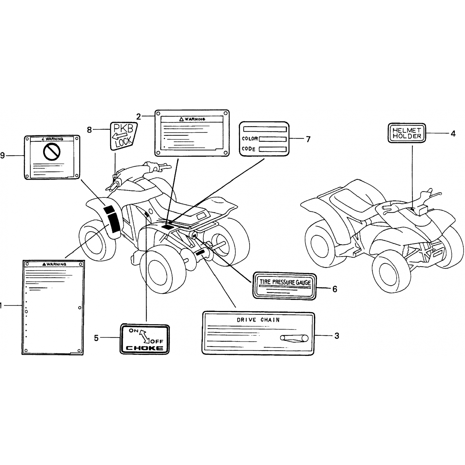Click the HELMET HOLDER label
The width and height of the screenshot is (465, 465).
407,133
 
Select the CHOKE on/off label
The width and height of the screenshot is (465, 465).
145,339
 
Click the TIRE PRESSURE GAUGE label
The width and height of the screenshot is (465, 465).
285,286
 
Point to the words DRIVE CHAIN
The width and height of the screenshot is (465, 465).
258,320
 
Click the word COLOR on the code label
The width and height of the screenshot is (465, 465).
250,139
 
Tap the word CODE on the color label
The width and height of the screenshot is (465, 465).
249,149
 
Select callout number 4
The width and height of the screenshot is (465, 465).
453,134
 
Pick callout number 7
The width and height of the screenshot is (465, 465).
308,139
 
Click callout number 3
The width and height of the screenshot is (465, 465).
337,336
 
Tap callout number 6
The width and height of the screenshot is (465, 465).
334,289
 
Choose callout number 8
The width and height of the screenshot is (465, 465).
89,130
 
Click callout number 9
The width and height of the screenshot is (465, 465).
3,155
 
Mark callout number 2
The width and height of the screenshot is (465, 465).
139,117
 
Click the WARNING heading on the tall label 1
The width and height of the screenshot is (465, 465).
54,264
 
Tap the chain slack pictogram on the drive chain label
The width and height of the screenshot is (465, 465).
294,338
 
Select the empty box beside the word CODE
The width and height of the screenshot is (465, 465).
272,149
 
